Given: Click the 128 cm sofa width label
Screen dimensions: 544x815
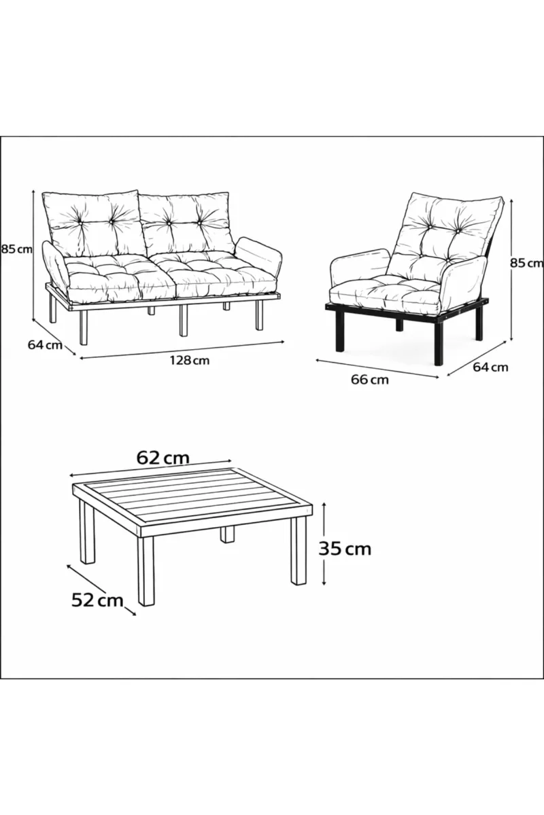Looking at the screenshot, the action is tap(190, 361).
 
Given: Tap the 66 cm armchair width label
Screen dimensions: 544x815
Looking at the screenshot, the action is tap(370, 380).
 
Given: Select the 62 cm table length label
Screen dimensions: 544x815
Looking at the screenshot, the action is tap(163, 458).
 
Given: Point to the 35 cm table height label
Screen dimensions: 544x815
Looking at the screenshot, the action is tap(345, 549).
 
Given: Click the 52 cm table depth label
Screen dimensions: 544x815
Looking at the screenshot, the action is tap(97, 600).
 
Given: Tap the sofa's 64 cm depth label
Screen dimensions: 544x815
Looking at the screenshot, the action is tap(45, 344).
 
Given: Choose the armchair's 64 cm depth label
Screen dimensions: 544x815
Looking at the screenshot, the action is tap(490, 367).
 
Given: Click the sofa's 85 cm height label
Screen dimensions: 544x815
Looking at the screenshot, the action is tap(16, 249).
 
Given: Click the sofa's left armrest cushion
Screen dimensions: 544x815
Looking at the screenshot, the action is tap(54, 264).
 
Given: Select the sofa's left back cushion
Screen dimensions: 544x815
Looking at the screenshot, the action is tap(93, 223).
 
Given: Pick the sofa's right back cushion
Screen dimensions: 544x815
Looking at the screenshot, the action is tap(186, 223).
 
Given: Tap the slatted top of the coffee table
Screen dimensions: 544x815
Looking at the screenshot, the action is tap(192, 496).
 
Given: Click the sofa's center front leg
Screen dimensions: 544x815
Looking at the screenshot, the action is tap(184, 320).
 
